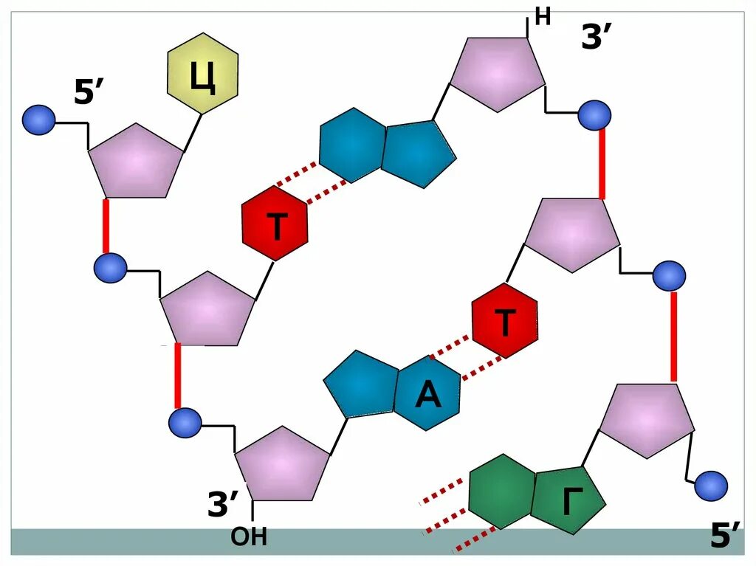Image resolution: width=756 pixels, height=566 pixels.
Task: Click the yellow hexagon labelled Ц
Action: [203, 73]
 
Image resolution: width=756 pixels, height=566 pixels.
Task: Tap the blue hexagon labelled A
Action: [428, 394]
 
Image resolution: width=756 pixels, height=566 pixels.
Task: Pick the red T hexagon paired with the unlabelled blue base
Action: [275, 224]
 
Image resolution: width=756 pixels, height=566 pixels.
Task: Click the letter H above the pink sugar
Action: [543, 17]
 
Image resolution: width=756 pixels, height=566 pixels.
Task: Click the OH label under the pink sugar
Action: [249, 536]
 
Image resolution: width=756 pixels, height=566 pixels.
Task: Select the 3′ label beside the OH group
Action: [223, 505]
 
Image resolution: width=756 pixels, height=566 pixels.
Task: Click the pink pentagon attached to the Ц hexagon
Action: [136, 162]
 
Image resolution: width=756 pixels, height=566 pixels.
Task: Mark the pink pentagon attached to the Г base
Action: [647, 419]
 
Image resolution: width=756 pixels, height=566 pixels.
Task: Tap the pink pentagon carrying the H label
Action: [498, 72]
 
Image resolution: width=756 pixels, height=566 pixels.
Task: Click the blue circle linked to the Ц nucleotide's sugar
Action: [38, 120]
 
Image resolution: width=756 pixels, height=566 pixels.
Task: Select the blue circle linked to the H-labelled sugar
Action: [594, 114]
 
